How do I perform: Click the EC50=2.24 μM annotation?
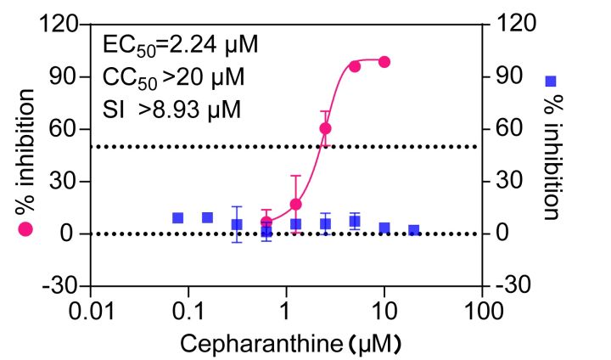180,43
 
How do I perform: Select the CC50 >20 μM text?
173,77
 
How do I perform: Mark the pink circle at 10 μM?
384,62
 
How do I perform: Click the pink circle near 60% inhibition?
325,129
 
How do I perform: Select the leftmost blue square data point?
178,218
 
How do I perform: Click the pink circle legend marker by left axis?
25,229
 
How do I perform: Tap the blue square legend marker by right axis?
551,82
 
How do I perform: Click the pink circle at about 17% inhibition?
296,205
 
